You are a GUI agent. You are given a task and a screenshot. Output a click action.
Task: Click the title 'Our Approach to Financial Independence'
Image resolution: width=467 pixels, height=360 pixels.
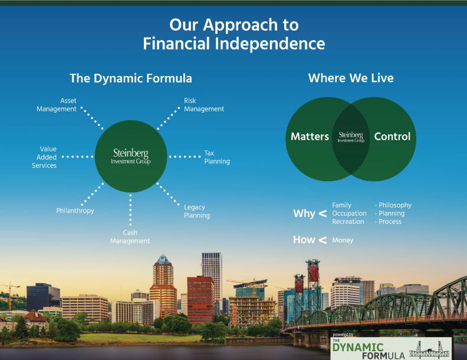[x=233, y=34]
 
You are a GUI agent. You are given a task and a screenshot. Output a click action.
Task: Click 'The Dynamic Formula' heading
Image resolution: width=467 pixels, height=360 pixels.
[x=130, y=78]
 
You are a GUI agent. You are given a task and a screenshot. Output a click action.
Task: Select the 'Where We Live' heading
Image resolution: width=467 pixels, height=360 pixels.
[x=351, y=78]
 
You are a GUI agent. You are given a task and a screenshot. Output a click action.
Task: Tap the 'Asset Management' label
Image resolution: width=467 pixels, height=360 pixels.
[x=57, y=105]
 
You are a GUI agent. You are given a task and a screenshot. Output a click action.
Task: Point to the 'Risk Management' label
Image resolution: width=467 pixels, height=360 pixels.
[x=203, y=105]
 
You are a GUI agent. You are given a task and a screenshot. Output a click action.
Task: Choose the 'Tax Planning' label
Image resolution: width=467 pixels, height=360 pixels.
[x=216, y=157]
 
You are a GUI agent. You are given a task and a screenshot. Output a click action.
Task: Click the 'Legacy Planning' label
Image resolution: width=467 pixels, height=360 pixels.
[x=196, y=211]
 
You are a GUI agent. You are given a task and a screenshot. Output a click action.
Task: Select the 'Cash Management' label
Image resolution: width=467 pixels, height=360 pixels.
[x=130, y=237]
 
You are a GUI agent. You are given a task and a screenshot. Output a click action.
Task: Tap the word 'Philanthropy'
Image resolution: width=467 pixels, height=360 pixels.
[x=75, y=210]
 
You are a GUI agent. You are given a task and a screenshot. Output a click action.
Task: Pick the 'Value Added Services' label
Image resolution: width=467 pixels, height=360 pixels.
[x=45, y=157]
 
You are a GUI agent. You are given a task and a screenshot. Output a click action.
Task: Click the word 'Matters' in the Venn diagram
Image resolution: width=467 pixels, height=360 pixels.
[x=310, y=137]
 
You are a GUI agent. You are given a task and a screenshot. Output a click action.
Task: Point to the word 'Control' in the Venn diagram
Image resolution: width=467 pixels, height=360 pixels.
[x=392, y=137]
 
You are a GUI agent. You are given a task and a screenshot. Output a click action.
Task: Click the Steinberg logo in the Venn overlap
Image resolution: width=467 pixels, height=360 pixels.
[x=351, y=137]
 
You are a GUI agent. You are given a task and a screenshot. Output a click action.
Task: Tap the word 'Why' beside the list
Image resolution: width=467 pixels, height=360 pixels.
[x=304, y=213]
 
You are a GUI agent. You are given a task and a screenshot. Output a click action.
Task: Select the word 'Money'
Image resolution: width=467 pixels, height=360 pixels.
[x=343, y=240]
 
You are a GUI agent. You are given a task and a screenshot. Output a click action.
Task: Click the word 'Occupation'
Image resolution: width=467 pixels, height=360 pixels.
[x=349, y=213]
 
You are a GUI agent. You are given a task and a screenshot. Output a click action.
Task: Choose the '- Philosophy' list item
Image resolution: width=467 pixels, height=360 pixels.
[x=393, y=205]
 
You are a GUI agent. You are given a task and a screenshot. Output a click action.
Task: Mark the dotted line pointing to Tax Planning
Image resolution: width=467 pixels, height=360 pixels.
[x=185, y=157]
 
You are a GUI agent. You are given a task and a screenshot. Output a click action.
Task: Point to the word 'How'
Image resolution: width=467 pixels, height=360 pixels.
[x=304, y=240]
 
